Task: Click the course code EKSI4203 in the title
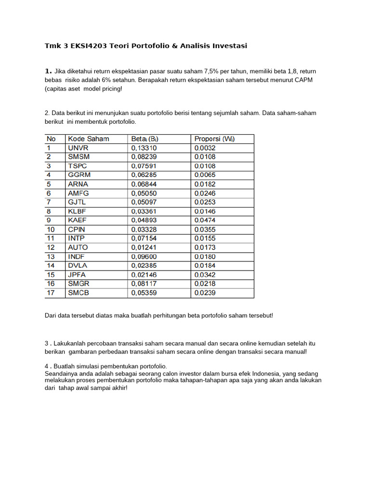pos(89,46)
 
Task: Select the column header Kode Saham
pos(89,139)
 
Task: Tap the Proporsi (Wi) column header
pos(214,139)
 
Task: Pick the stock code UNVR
pos(79,148)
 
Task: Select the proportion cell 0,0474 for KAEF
pos(205,220)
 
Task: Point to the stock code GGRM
pos(79,175)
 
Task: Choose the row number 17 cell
pos(51,292)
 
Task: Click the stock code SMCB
pos(79,292)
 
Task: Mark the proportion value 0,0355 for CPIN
pos(205,229)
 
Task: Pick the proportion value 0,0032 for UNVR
pos(205,148)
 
